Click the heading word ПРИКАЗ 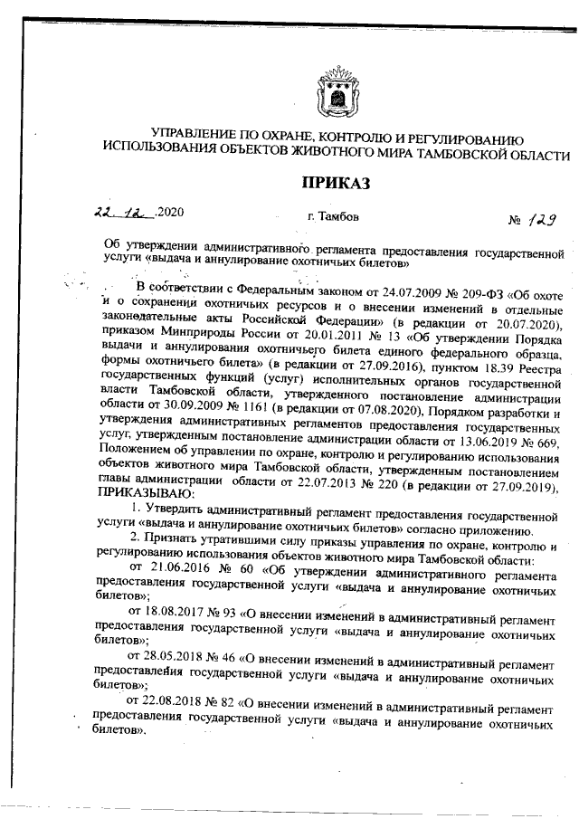tap(337, 184)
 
